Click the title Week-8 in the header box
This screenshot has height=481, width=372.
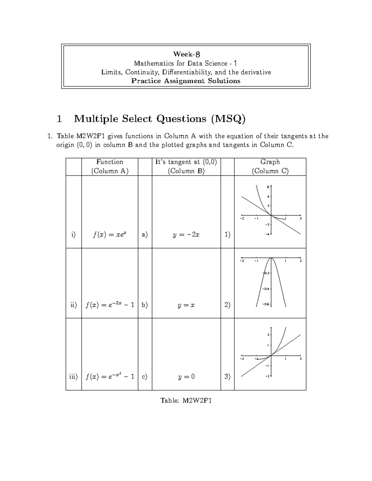click(186, 55)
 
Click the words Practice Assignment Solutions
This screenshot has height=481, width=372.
click(186, 81)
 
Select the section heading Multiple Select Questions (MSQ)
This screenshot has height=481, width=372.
click(159, 119)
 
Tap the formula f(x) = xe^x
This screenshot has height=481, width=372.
click(109, 234)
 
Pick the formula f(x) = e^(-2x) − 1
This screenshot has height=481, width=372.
click(110, 305)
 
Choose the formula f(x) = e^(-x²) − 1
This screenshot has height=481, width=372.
click(110, 377)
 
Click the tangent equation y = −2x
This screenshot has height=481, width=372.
click(186, 234)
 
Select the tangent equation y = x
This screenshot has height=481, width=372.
click(186, 305)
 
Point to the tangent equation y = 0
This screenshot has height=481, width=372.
click(186, 377)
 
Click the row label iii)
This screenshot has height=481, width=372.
click(73, 377)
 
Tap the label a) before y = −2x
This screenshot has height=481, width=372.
click(145, 235)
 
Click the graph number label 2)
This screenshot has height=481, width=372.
click(227, 305)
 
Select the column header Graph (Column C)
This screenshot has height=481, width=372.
click(270, 166)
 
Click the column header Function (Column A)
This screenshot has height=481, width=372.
click(109, 166)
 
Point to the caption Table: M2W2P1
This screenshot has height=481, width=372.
click(186, 401)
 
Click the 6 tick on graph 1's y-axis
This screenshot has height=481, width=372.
click(268, 187)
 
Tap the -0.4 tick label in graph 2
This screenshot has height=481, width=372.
click(266, 289)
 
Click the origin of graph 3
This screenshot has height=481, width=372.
click(271, 356)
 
